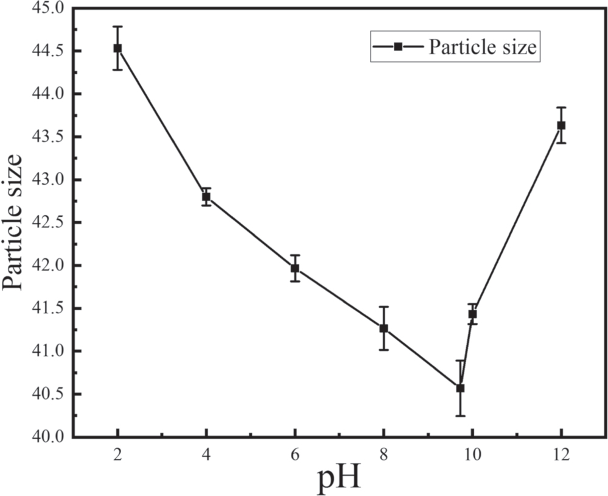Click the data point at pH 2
pos(117,48)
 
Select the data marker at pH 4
pos(206,197)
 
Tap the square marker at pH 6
pos(295,268)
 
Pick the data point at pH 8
pos(383,328)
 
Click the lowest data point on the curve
pos(460,388)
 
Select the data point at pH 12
pos(561,126)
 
